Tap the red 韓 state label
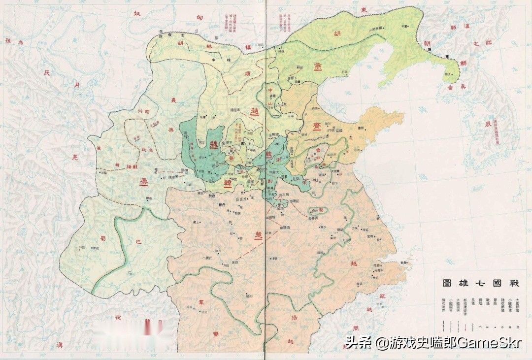click(228, 184)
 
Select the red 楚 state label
click(259, 234)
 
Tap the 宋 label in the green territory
click(305, 182)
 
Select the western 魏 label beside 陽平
click(213, 144)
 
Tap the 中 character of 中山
click(270, 90)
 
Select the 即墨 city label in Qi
click(361, 128)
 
